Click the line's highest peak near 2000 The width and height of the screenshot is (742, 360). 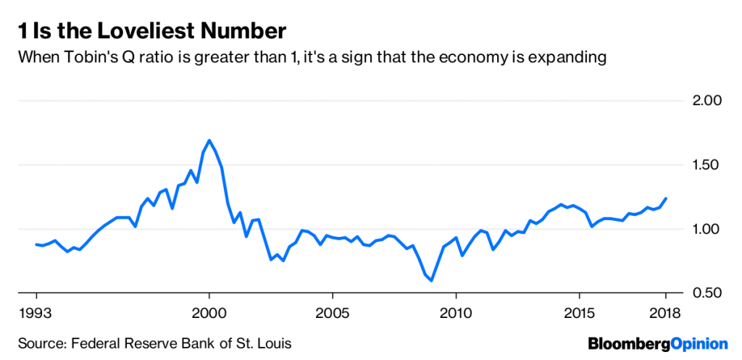pyautogui.click(x=209, y=141)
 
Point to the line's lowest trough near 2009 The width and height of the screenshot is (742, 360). pyautogui.click(x=432, y=280)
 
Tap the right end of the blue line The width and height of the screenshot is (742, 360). pyautogui.click(x=666, y=198)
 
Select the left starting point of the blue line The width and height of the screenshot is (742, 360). pyautogui.click(x=36, y=244)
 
